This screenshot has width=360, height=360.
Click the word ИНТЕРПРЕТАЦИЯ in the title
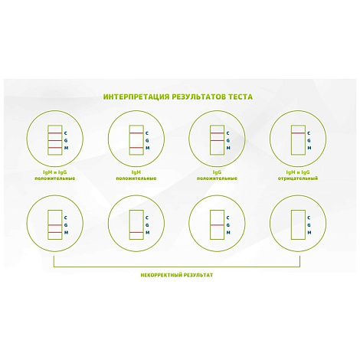pos(136,97)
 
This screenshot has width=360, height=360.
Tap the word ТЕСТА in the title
pos(240,97)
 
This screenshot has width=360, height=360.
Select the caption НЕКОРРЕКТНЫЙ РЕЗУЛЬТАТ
pos(177,275)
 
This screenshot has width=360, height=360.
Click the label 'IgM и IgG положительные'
pos(55,175)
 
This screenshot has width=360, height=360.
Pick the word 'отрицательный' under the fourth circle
pos(298,178)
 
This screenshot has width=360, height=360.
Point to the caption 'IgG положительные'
pos(217,175)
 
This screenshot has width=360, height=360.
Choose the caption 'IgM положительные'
pos(136,175)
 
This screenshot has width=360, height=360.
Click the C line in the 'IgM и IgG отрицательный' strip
pos(298,133)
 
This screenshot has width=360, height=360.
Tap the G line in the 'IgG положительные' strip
pos(217,140)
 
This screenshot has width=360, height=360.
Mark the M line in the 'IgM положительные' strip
pos(136,148)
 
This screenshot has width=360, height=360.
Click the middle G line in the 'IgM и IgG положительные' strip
pos(55,140)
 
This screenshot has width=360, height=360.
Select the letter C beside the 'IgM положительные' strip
pos(147,133)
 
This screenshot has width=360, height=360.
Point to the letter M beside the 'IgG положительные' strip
pos(228,148)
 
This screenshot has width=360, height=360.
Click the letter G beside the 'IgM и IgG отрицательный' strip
pos(309,140)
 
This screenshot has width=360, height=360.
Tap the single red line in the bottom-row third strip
pos(217,225)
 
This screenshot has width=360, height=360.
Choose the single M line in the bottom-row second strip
pos(136,232)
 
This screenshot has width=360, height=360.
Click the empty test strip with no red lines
pos(298,224)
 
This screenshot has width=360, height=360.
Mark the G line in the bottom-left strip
pos(55,225)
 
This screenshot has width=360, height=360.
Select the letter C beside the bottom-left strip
pos(66,218)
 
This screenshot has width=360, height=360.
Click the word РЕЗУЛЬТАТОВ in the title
pos(198,97)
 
